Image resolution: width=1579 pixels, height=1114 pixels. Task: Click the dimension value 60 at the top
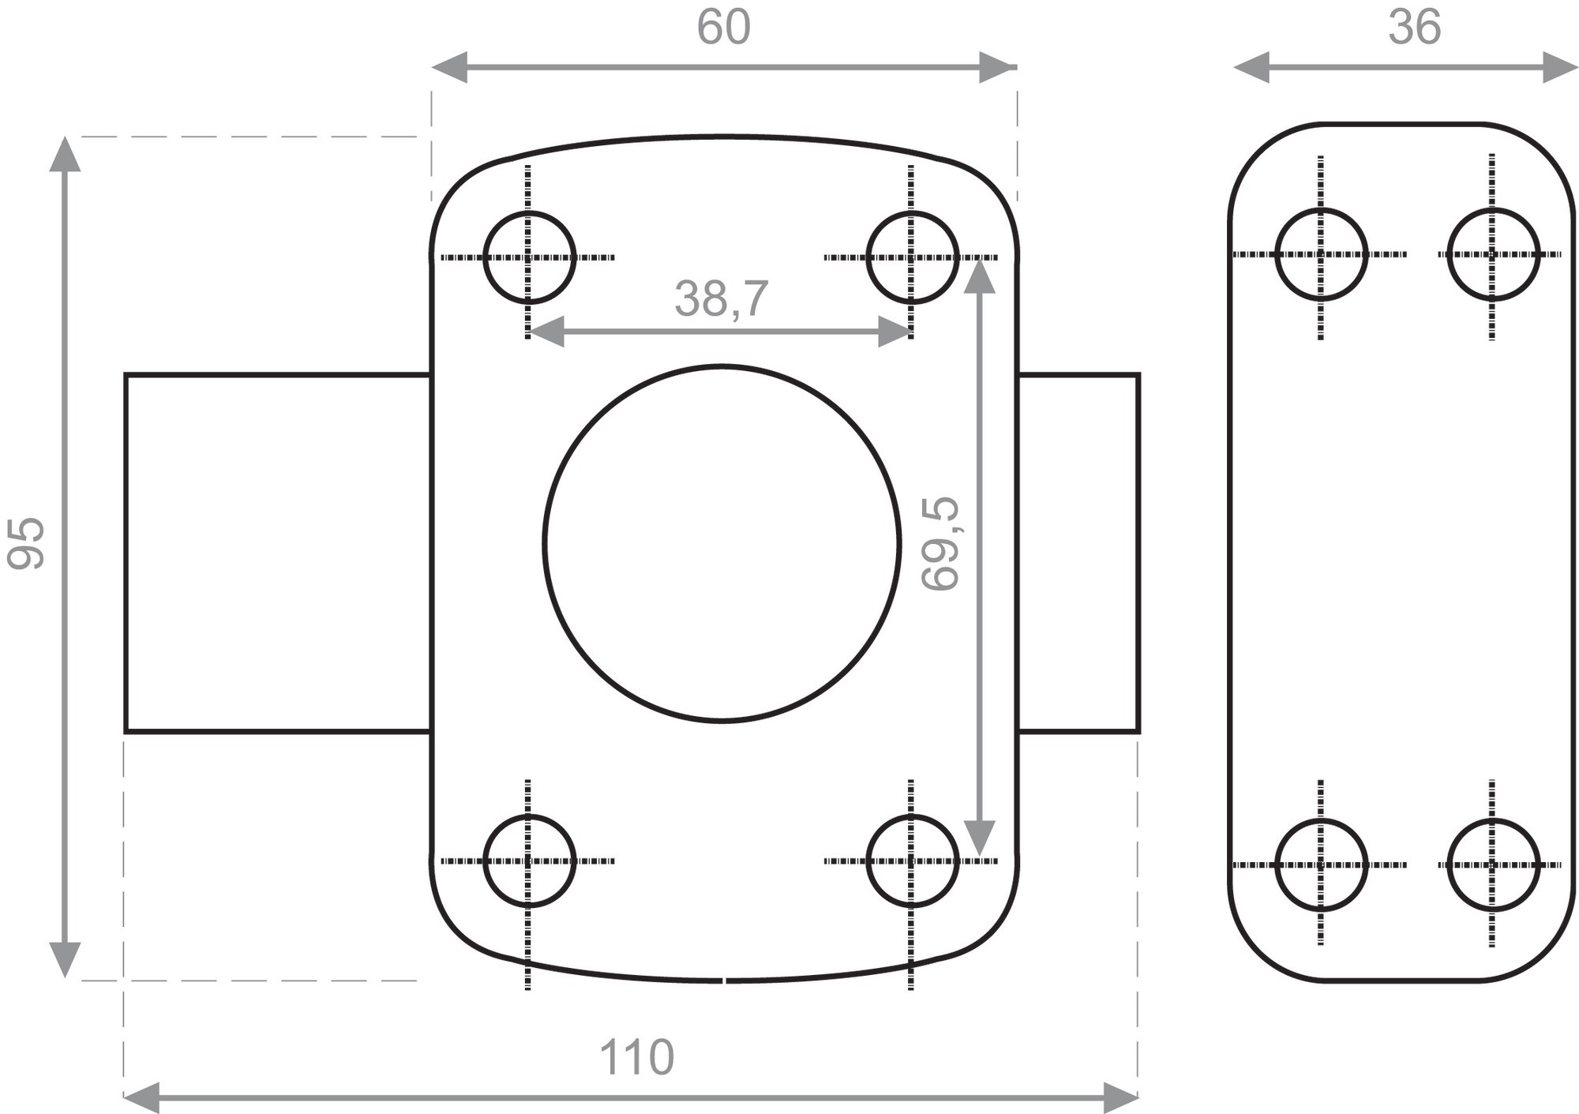[x=722, y=28]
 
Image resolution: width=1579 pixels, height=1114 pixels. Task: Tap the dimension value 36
[x=1414, y=28]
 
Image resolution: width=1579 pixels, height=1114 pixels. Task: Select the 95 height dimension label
[x=26, y=543]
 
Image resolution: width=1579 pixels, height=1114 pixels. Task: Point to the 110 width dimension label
[x=636, y=1057]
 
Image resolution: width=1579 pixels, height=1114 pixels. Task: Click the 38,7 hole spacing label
[x=721, y=299]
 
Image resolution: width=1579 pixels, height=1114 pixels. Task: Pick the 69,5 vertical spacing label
[x=941, y=543]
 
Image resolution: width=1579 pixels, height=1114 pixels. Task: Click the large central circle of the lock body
[x=722, y=366]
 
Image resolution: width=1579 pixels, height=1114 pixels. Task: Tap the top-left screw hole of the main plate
[x=529, y=212]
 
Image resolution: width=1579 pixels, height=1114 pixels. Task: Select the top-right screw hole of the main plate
[x=912, y=212]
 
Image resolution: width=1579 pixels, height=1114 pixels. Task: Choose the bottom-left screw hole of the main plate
[x=529, y=816]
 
